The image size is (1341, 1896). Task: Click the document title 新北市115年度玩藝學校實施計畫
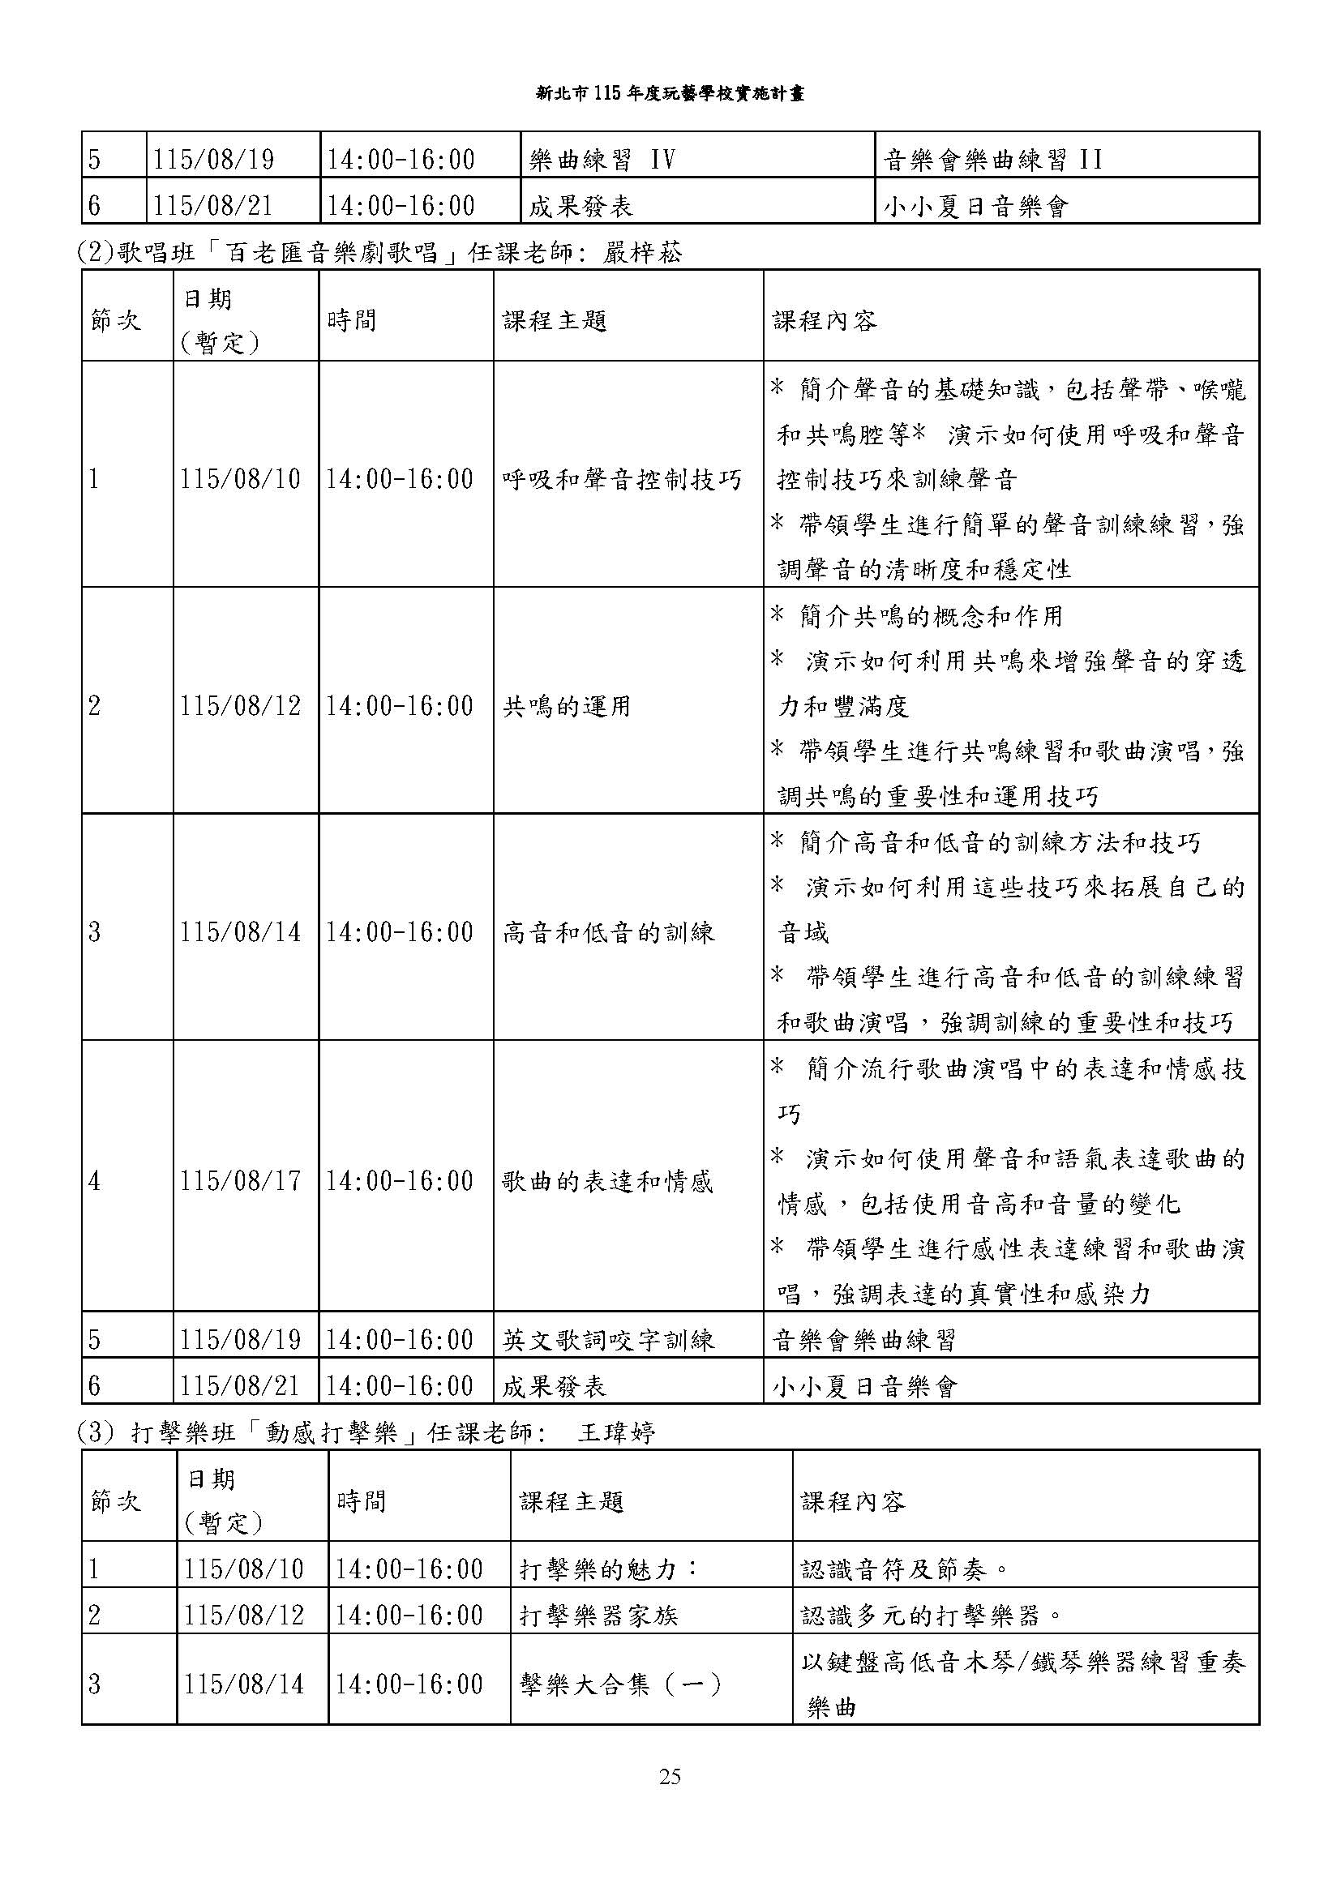click(x=670, y=93)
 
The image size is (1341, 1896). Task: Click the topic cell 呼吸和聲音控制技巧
click(x=622, y=480)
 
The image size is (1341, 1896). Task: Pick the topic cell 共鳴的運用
click(x=567, y=707)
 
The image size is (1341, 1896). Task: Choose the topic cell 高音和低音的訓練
click(x=608, y=933)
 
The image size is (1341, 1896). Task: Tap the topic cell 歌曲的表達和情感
click(x=607, y=1182)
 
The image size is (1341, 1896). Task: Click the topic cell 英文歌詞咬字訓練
click(x=608, y=1339)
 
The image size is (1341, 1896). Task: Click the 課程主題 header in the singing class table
click(x=555, y=320)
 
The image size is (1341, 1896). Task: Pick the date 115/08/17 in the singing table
click(x=240, y=1182)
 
